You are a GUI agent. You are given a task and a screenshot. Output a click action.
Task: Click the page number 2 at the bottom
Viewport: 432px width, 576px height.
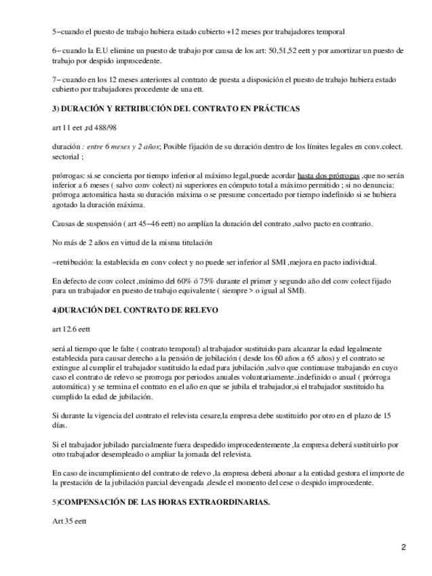(x=403, y=547)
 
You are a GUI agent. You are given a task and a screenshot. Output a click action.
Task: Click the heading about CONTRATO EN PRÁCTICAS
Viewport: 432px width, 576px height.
(x=176, y=109)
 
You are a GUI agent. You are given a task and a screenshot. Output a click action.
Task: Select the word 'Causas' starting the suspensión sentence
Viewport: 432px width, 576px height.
(x=63, y=223)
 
